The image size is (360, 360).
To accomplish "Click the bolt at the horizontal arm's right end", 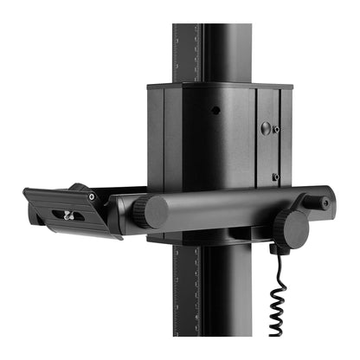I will [x=325, y=203].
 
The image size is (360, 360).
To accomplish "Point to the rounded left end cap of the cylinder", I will [x=155, y=213].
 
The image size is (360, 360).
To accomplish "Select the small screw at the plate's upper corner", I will [x=91, y=196].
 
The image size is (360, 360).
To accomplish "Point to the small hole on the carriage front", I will [x=215, y=110].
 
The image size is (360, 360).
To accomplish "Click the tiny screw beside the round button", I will [x=276, y=130].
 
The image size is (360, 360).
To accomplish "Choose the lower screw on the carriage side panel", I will [x=276, y=177].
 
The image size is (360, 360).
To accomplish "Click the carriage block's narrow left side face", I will [x=156, y=138].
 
